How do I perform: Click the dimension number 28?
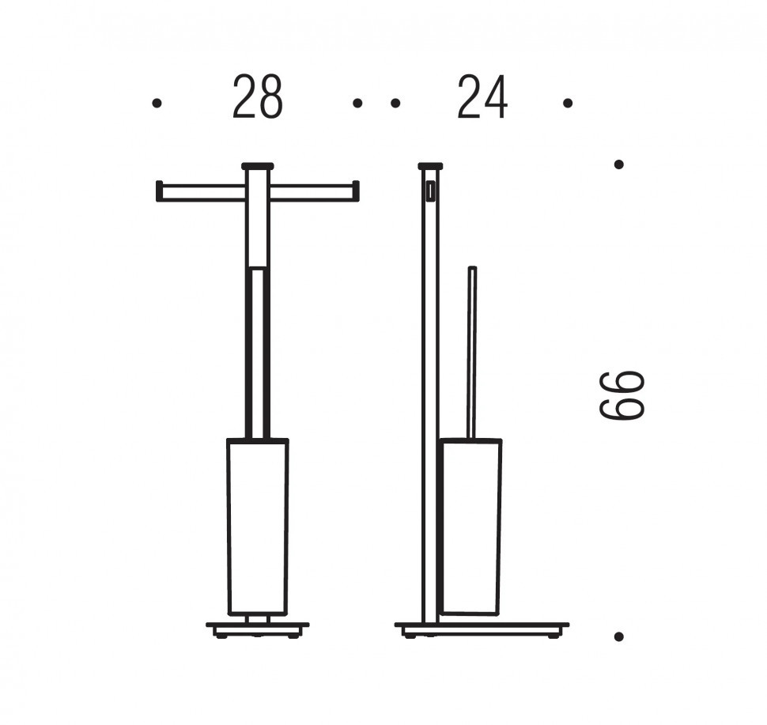click(x=257, y=97)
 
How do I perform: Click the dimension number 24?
click(x=482, y=97)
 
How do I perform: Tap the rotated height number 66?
click(x=622, y=395)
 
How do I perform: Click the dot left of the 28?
click(x=157, y=103)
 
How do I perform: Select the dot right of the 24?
click(x=568, y=103)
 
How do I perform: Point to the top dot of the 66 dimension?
click(x=619, y=164)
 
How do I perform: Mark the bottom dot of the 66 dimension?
click(x=619, y=636)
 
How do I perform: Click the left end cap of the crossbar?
click(x=158, y=191)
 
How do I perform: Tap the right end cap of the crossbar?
click(x=357, y=191)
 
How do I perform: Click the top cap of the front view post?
click(x=257, y=165)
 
